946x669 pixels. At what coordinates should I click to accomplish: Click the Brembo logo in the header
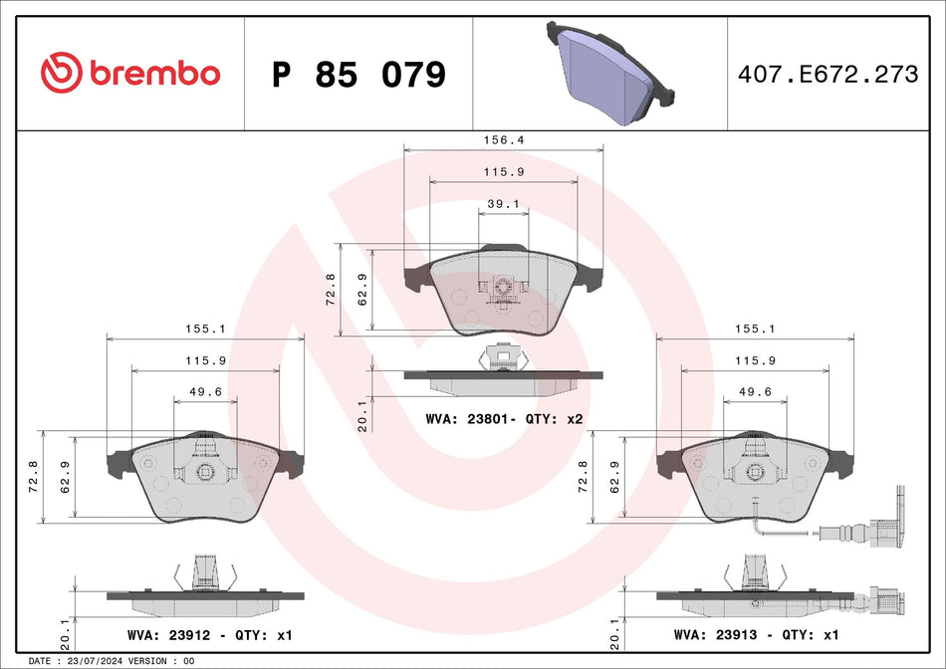click(129, 73)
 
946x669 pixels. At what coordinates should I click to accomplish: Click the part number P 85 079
click(358, 75)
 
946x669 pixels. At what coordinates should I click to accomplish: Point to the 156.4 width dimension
click(503, 140)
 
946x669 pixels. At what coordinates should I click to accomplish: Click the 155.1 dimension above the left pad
click(205, 328)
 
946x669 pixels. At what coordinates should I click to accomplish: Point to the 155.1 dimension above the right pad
click(754, 328)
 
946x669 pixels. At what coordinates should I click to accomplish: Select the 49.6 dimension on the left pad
click(205, 391)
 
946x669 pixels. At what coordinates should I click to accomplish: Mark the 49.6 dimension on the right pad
click(754, 391)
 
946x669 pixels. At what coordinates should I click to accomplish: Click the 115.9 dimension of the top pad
click(503, 171)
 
